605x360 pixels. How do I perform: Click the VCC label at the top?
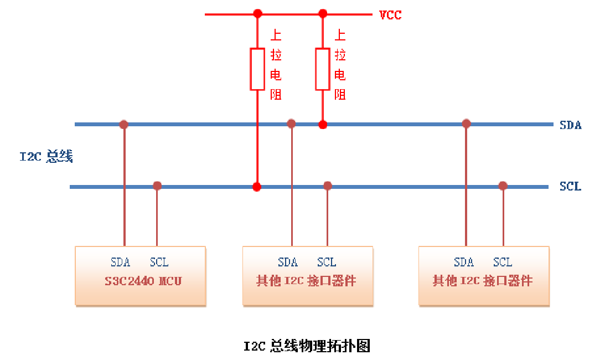coord(390,15)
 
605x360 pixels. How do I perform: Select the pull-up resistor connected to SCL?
coord(257,69)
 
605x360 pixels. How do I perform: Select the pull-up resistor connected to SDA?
coord(323,69)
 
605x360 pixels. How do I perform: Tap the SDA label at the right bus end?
coord(570,125)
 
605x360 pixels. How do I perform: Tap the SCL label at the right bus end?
coord(570,187)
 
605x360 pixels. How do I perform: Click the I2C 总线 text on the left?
coord(46,157)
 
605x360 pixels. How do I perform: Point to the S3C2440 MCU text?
coord(143,281)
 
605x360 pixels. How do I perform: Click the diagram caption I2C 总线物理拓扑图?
coord(307,347)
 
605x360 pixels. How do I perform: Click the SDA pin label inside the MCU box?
coord(120,263)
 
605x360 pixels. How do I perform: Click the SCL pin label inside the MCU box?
coord(159,263)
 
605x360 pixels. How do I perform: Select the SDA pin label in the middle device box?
coord(288,263)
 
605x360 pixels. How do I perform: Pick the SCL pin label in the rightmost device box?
coord(503,263)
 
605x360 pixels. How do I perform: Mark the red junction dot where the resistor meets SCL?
coord(257,187)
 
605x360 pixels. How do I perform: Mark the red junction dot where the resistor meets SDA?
coord(323,125)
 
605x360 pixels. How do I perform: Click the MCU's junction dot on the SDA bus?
coord(124,125)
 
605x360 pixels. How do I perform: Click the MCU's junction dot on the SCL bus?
coord(157,186)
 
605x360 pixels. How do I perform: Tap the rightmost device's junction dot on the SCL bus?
coord(503,186)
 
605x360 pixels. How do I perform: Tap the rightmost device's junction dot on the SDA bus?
coord(466,124)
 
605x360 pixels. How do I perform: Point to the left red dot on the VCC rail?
coord(257,14)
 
